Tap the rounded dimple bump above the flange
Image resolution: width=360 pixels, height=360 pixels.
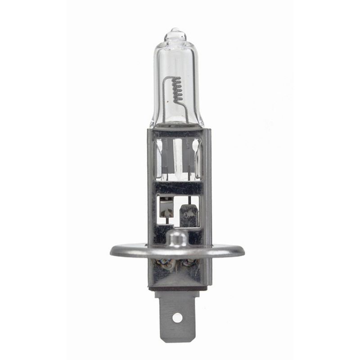(x=176, y=238)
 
